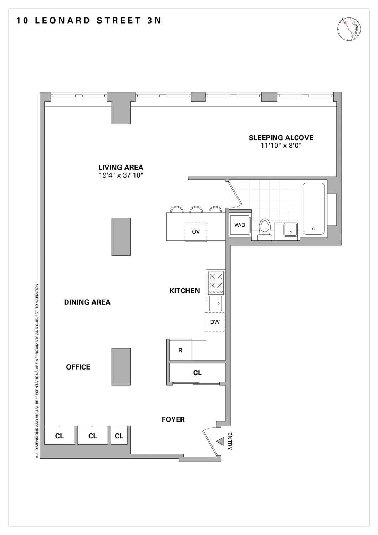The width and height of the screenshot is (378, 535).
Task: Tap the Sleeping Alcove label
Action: coord(281,138)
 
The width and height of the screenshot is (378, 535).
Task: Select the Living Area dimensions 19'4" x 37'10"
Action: coord(121,175)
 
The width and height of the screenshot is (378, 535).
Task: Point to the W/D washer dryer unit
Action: coord(240,225)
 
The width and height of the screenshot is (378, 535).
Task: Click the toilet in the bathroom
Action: coord(265,229)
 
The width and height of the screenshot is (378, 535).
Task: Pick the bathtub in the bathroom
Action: coord(313,209)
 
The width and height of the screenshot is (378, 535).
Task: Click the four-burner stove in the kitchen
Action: coord(216,281)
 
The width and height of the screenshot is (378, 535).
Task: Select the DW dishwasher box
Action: coord(215,322)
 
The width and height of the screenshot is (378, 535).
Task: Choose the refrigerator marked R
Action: coord(180,350)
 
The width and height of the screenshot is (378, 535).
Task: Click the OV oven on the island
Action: coord(196,232)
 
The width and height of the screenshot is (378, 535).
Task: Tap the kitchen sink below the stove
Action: coord(216,304)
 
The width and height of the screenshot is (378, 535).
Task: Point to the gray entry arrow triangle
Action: coord(220,442)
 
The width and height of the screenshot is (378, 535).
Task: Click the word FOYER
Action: coord(173,419)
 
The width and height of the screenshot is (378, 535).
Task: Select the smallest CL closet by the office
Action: coord(119,435)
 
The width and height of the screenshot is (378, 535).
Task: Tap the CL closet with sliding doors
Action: coord(197,373)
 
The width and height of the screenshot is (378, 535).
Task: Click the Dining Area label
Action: coord(87,302)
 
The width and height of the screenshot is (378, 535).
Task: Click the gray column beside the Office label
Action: coord(121,367)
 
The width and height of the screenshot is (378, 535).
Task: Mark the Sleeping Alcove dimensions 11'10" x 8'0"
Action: coord(281,146)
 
